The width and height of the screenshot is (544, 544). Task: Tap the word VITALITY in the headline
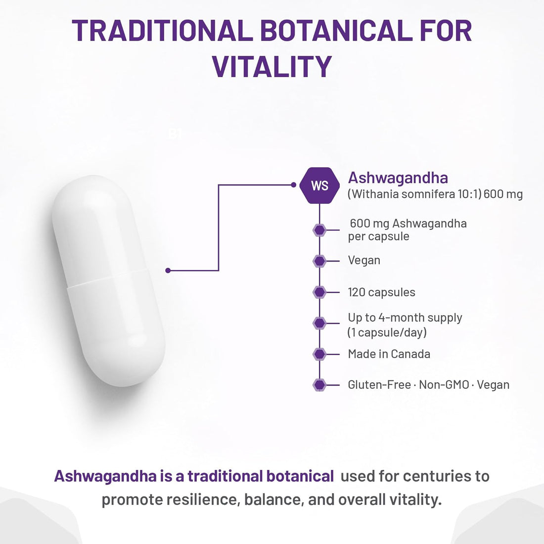click(x=272, y=67)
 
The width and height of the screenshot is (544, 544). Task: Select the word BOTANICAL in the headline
click(x=336, y=31)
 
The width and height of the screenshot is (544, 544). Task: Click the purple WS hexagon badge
click(x=319, y=185)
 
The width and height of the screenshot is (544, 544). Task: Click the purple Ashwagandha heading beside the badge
click(x=398, y=178)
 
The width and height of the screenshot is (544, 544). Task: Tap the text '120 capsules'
click(x=381, y=292)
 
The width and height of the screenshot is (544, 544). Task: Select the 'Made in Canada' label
click(x=389, y=354)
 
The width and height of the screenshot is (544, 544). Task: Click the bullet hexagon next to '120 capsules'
click(x=319, y=292)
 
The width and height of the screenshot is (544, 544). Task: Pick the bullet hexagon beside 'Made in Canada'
click(x=319, y=354)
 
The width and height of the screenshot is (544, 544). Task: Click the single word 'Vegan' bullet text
click(x=364, y=260)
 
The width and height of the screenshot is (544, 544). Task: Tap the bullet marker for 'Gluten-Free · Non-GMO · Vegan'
click(x=319, y=385)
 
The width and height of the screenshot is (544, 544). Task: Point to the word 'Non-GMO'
click(x=444, y=385)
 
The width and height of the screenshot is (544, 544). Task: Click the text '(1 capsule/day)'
click(x=387, y=332)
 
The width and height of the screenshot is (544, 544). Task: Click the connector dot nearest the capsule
click(x=168, y=271)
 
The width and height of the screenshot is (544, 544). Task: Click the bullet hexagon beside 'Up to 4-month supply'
click(x=319, y=323)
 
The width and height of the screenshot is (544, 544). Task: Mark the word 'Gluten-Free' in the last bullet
click(x=379, y=385)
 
